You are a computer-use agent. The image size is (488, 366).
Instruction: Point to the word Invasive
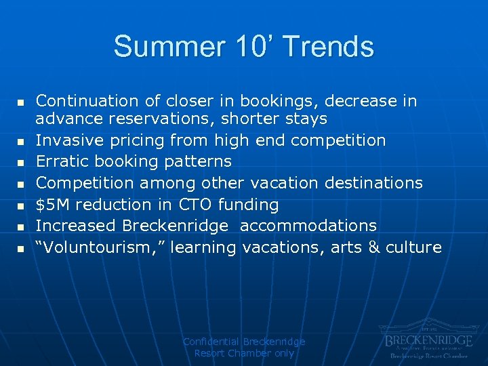click(65, 140)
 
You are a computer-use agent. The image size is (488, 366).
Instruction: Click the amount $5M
click(49, 204)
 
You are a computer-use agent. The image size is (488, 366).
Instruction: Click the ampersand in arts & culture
click(373, 247)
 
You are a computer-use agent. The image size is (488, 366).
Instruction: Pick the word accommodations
click(308, 225)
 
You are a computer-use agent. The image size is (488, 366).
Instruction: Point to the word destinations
click(374, 183)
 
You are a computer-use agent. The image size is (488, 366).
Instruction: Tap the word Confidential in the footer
click(211, 342)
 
